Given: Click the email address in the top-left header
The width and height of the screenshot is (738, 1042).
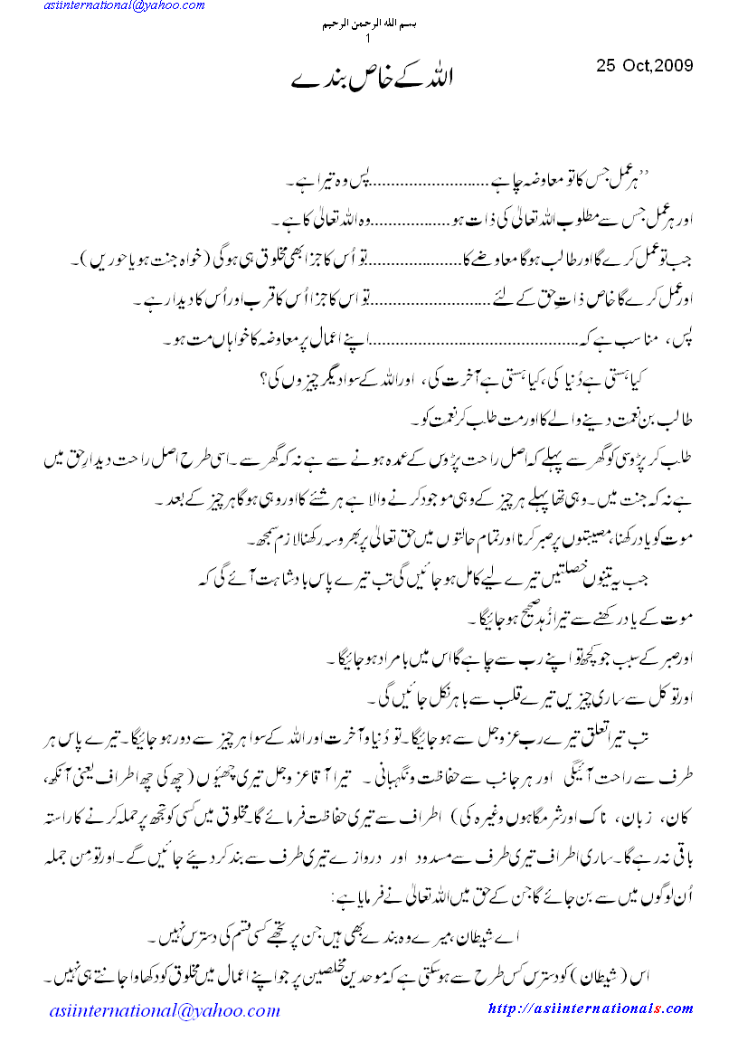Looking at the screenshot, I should click(121, 7).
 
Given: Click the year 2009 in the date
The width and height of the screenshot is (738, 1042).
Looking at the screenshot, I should click(673, 65).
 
